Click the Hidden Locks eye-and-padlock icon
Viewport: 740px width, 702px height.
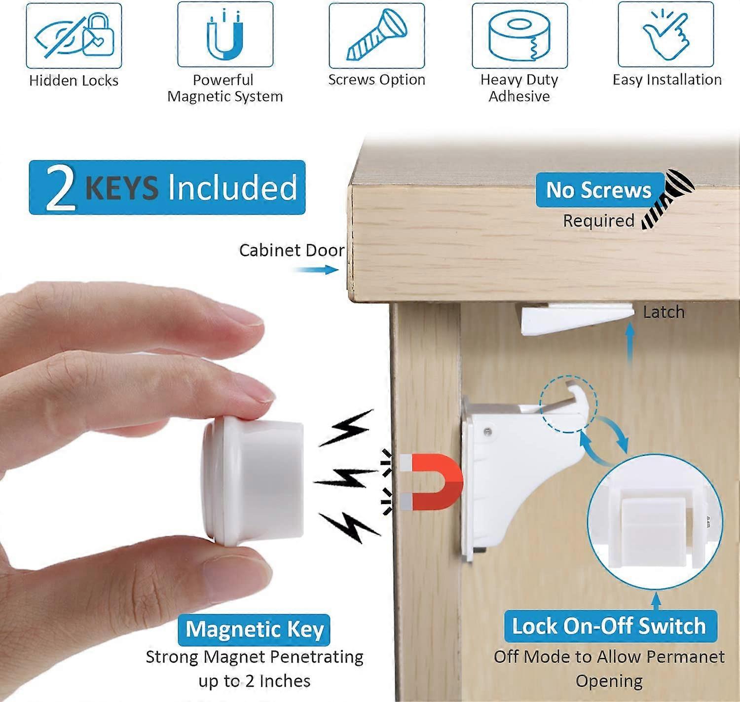[74, 36]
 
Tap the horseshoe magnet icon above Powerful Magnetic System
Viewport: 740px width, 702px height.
[225, 36]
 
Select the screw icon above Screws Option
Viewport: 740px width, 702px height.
[377, 36]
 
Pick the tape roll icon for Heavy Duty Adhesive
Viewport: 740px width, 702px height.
[519, 36]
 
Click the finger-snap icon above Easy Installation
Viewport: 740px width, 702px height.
[666, 36]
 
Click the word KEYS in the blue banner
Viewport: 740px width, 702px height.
[122, 188]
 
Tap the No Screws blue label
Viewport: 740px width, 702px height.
[599, 190]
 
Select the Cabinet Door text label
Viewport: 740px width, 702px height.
[292, 251]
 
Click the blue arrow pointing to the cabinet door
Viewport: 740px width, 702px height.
[316, 269]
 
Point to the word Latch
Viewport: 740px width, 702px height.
[664, 312]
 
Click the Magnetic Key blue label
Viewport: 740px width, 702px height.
[255, 629]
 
